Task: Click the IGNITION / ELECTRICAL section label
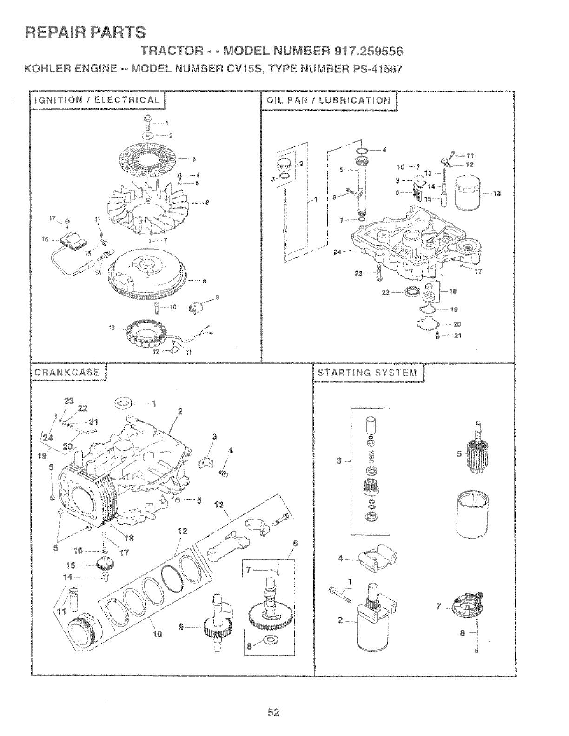tap(96, 100)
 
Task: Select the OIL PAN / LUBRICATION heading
tap(329, 100)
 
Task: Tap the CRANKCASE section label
tap(67, 372)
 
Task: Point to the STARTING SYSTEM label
tap(367, 372)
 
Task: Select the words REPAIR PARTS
tap(85, 31)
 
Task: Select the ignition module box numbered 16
tap(75, 241)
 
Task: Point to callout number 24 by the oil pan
tap(337, 252)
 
